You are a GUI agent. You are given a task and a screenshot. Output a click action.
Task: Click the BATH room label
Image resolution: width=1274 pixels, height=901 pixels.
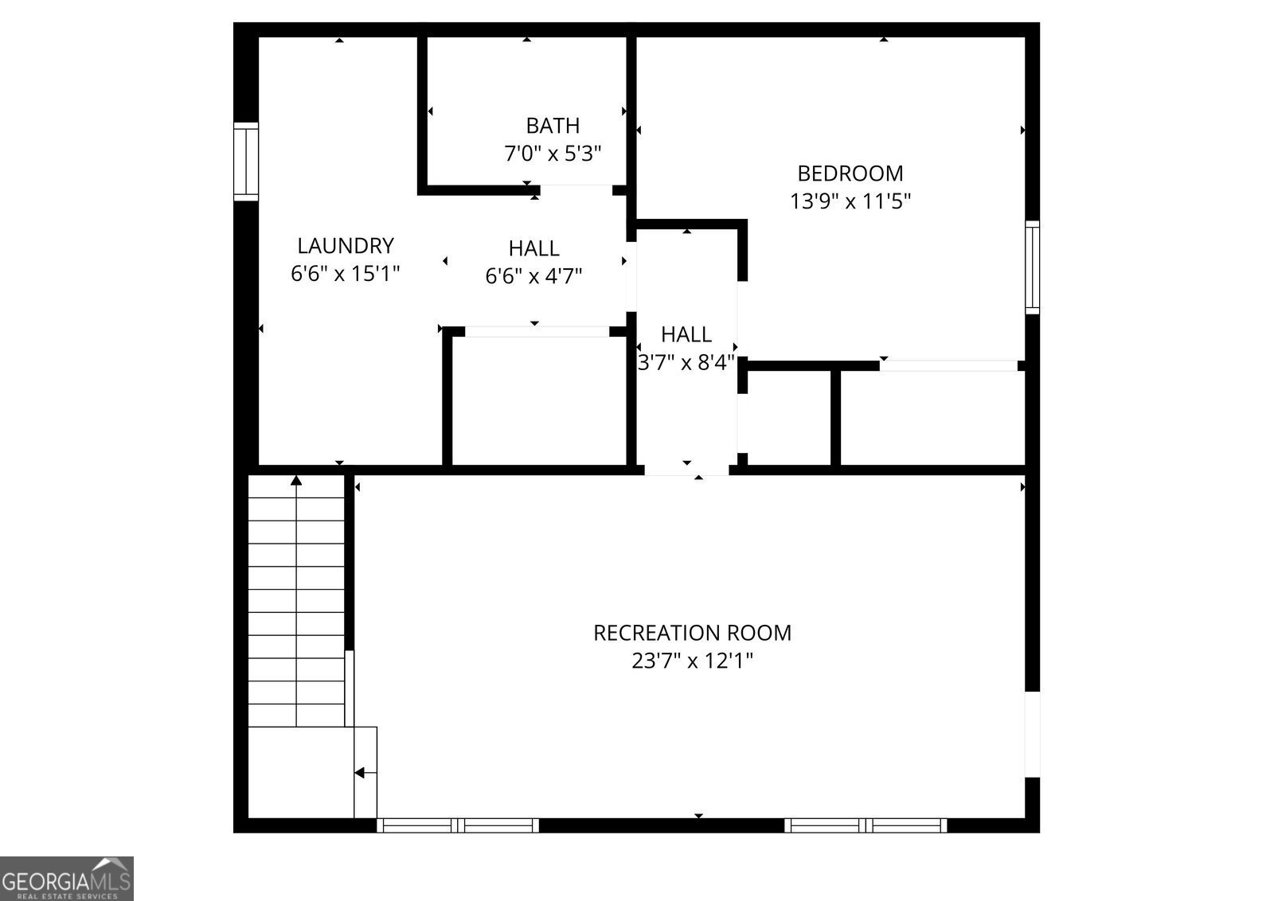click(553, 126)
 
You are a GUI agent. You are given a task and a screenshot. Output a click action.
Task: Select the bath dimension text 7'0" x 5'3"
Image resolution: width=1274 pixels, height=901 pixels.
click(553, 153)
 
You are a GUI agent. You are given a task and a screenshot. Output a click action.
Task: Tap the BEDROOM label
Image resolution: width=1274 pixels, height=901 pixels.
click(850, 174)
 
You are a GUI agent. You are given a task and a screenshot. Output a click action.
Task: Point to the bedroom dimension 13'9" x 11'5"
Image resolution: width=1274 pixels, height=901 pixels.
click(850, 201)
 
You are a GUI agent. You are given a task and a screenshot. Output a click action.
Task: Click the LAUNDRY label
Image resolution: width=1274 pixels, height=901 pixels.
click(346, 246)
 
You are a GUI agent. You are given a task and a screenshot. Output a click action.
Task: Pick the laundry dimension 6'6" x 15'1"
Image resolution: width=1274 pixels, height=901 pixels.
click(346, 274)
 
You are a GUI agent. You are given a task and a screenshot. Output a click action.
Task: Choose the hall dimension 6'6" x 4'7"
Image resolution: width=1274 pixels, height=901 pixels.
click(533, 276)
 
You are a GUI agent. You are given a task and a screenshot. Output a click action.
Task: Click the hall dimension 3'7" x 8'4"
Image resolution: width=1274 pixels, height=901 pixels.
click(686, 363)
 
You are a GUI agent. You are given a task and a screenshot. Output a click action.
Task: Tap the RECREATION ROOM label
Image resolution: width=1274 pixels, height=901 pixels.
click(693, 634)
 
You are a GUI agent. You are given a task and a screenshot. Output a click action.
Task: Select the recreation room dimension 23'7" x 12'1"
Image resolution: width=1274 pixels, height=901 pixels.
click(693, 661)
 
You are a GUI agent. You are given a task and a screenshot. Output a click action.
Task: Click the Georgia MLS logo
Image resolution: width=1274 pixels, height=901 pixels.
click(67, 879)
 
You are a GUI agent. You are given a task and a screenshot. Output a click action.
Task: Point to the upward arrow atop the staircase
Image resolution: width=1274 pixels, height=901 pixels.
click(297, 480)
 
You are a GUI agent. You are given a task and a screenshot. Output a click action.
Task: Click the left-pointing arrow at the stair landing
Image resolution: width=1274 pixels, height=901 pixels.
click(361, 772)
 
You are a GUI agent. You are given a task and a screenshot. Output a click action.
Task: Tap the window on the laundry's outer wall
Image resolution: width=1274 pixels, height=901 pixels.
click(246, 161)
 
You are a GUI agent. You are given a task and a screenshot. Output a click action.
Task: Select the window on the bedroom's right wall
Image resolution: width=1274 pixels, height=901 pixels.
click(1032, 267)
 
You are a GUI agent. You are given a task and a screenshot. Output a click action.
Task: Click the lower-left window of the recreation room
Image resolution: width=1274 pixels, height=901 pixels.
click(458, 825)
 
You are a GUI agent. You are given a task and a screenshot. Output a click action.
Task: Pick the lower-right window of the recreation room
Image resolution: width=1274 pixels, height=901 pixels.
click(866, 825)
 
